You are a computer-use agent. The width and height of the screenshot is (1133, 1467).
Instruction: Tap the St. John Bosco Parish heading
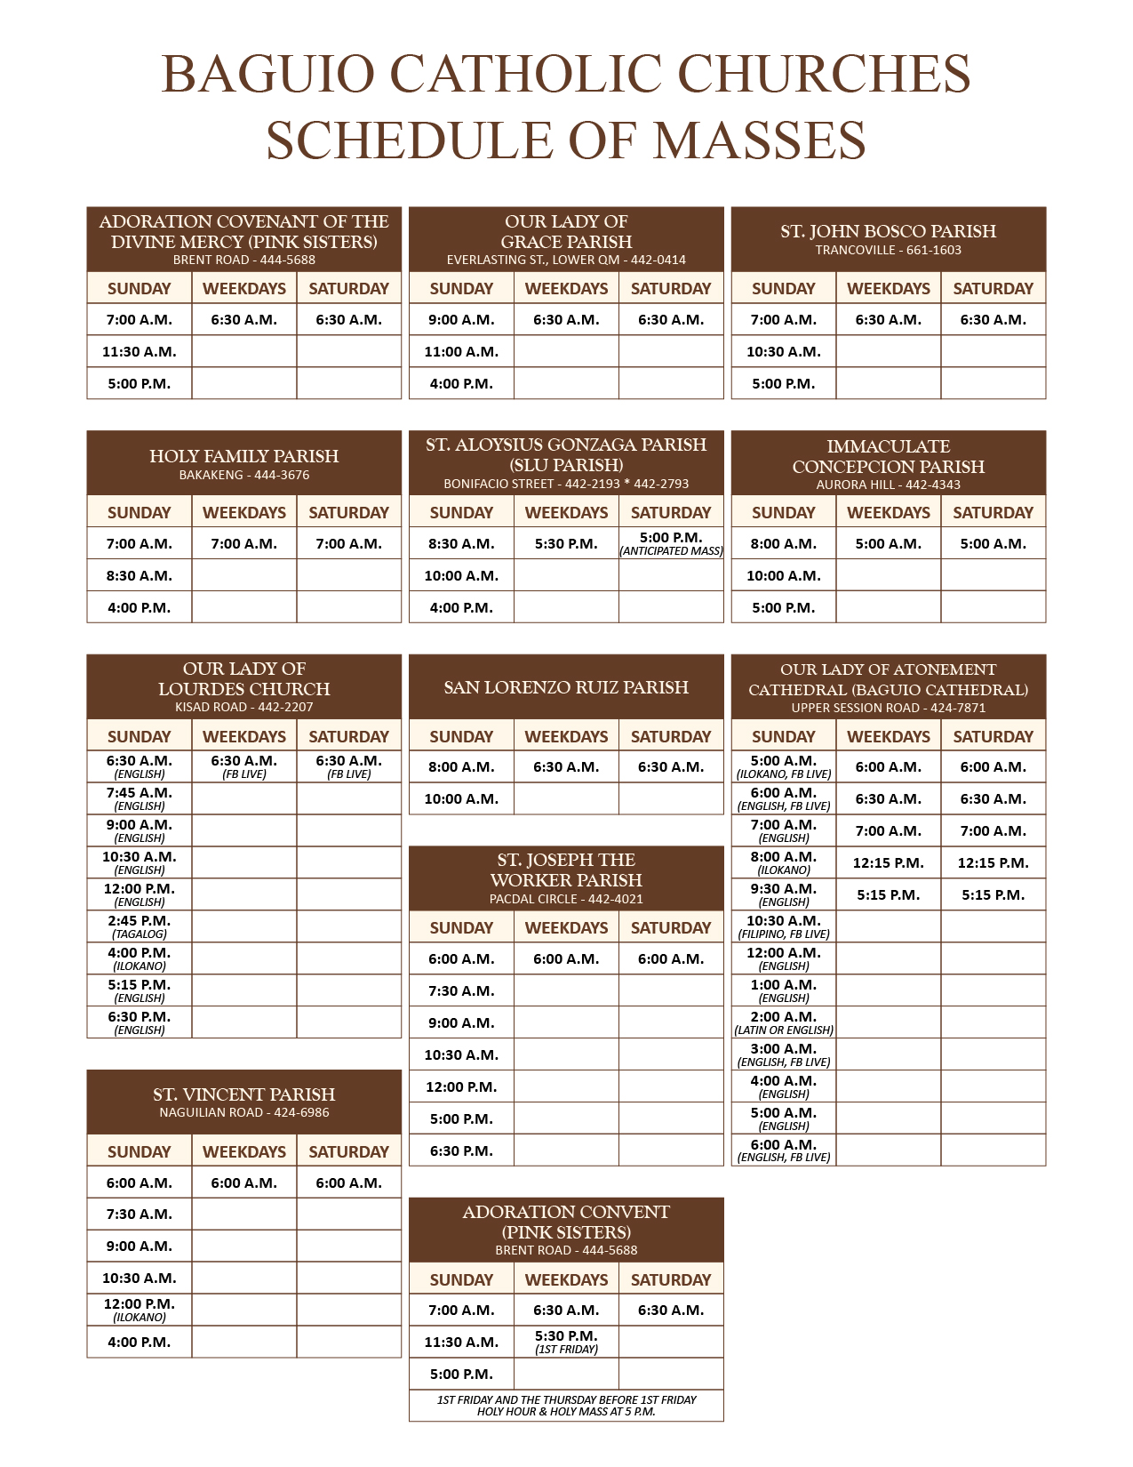click(x=888, y=231)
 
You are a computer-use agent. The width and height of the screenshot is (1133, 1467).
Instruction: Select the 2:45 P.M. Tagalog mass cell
click(x=140, y=926)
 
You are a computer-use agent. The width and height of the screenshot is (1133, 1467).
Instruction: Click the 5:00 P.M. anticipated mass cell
click(x=671, y=543)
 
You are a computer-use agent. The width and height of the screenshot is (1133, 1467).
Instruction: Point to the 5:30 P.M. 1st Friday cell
click(x=566, y=1342)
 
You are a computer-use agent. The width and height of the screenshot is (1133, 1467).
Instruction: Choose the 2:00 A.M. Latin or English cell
click(x=783, y=1022)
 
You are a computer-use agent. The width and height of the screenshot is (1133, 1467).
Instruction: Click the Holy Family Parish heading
click(x=243, y=456)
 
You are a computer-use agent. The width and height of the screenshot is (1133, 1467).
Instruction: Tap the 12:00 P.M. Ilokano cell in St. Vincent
click(x=140, y=1310)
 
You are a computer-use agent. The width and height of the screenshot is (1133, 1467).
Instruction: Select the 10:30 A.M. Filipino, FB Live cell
click(x=783, y=926)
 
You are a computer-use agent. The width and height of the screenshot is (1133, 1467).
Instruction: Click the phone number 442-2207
click(x=285, y=708)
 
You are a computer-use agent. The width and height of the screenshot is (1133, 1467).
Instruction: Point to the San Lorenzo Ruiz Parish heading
click(x=566, y=687)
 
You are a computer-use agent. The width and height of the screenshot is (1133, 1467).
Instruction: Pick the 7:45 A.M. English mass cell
click(x=140, y=798)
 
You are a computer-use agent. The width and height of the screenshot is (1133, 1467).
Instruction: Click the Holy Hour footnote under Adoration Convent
click(x=566, y=1406)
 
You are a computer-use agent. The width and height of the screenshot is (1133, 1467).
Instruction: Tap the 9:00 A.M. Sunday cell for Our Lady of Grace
click(x=461, y=320)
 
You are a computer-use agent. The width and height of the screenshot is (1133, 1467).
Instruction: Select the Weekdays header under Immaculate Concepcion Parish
click(x=888, y=513)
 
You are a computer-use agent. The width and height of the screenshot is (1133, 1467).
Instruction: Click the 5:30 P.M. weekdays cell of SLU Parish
click(x=566, y=544)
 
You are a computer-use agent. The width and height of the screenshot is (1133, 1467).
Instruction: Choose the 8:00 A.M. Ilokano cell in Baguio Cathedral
click(x=783, y=862)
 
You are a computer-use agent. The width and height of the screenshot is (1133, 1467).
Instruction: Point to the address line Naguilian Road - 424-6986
click(x=243, y=1113)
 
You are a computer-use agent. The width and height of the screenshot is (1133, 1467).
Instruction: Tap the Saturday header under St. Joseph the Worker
click(x=671, y=928)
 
